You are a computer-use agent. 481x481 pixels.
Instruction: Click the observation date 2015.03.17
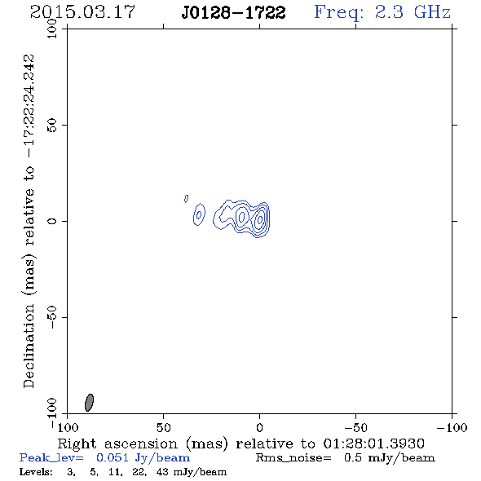[x=82, y=12]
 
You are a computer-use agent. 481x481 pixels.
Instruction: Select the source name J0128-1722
[x=233, y=12]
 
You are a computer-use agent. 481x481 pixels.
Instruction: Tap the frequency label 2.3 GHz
[x=413, y=12]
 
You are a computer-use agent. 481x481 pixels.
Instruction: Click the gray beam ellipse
[x=89, y=403]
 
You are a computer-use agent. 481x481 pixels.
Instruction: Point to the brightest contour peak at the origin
[x=260, y=219]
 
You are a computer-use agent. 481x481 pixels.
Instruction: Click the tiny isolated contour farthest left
[x=186, y=198]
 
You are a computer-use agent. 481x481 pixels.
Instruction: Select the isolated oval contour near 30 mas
[x=200, y=214]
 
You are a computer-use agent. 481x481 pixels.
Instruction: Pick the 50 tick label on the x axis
[x=163, y=427]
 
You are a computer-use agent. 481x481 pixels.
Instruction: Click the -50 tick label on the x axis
[x=355, y=427]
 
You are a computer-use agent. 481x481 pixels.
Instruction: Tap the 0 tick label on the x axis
[x=259, y=427]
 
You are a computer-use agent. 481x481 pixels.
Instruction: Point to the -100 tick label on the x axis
[x=452, y=427]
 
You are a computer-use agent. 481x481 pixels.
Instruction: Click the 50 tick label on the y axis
[x=52, y=126]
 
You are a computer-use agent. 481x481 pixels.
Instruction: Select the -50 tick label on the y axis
[x=52, y=317]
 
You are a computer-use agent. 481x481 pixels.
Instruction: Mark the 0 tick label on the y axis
[x=52, y=221]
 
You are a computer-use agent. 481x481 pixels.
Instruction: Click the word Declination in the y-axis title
[x=29, y=346]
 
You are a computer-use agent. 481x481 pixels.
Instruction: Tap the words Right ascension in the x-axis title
[x=117, y=443]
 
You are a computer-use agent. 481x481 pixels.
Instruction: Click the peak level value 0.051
[x=112, y=457]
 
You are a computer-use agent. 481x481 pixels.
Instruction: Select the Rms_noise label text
[x=293, y=458]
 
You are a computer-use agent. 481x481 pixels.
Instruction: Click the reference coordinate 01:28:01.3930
[x=374, y=443]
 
